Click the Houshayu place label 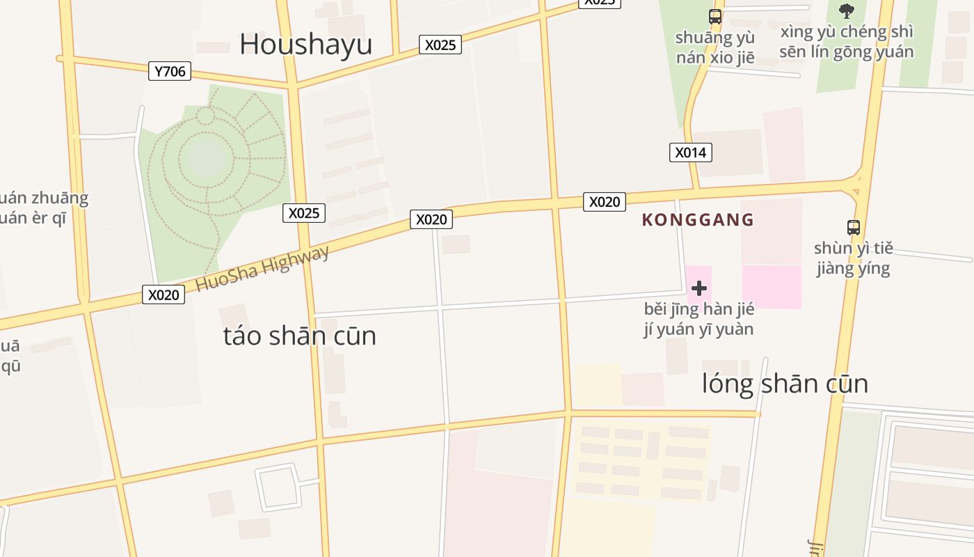pos(305,44)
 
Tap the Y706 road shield pos(170,71)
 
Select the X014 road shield pos(690,152)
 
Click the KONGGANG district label pos(698,220)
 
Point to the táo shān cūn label pos(299,336)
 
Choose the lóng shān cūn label pos(785,384)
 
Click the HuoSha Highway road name pos(262,269)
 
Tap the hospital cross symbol pos(699,288)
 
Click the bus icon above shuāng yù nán pos(714,16)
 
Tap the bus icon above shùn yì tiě pos(854,227)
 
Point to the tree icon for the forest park pos(846,10)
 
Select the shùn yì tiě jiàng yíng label pos(853,258)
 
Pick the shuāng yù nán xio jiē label pos(714,47)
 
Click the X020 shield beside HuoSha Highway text pos(163,295)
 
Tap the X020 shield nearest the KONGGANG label pos(604,202)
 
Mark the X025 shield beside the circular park pos(304,213)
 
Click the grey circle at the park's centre pos(207,157)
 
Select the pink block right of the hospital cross pos(772,287)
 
